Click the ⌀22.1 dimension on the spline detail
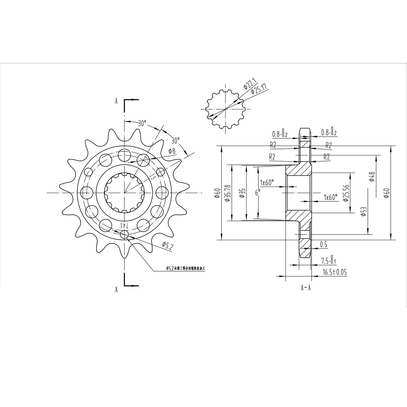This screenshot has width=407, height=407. pos(249,84)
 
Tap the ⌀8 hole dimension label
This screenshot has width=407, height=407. pos(172,151)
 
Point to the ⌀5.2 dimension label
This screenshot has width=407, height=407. pos(168,246)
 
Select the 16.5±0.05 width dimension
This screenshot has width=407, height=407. pos(334,272)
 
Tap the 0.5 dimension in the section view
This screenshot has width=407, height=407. pos(324,244)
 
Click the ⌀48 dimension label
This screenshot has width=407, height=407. pos(372,177)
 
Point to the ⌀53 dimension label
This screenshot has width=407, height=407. pos(364,211)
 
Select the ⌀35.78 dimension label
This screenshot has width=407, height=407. pos(228,193)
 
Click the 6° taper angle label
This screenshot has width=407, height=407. pos(257,192)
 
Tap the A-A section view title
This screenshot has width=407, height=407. pos(305,288)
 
